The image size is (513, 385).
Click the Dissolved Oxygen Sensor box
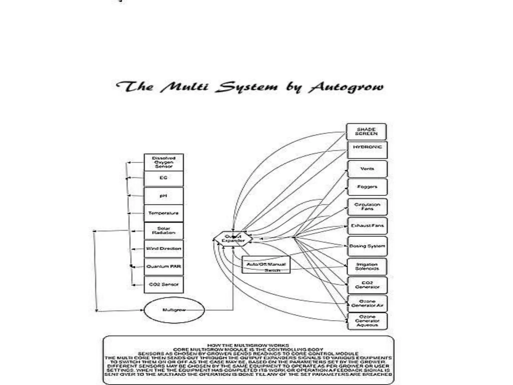coord(164,162)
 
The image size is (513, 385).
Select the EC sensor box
coord(164,178)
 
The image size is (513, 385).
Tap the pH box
coord(164,196)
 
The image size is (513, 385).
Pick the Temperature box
coord(164,213)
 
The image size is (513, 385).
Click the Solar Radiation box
coord(164,231)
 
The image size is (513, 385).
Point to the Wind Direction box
coord(164,249)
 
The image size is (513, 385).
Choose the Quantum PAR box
coord(164,266)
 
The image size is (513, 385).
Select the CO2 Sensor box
coord(164,284)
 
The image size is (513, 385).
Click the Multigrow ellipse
coord(174,310)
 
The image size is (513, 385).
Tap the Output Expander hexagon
coord(233,239)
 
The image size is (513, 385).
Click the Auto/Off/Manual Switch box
coord(266,265)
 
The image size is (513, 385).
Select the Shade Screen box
coord(366,132)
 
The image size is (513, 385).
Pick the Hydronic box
coord(367,150)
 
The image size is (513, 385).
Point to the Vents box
coord(367,169)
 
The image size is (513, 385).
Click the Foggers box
coord(367,187)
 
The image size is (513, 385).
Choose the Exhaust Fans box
coord(367,226)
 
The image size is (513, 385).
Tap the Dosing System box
coord(367,246)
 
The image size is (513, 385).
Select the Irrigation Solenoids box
coord(367,267)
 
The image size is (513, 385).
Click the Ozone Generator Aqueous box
coord(367,321)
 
